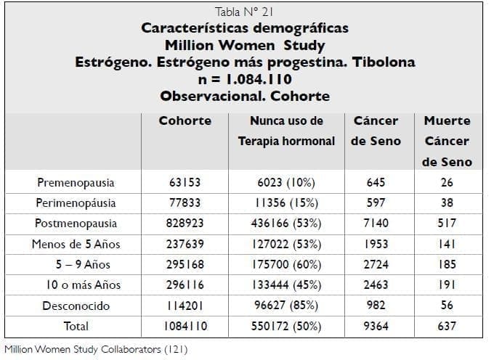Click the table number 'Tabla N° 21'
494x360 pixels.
click(245, 12)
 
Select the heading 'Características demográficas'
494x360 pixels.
click(245, 28)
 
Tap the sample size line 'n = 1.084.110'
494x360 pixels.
click(245, 78)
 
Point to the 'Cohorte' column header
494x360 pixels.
click(185, 121)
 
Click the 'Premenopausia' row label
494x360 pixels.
click(76, 182)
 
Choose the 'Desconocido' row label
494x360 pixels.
click(76, 306)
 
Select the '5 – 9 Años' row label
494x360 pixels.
click(76, 264)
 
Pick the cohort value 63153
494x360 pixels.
click(185, 182)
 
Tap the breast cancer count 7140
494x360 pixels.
click(376, 224)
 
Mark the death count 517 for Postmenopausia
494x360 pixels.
click(447, 224)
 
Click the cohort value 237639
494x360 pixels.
click(185, 244)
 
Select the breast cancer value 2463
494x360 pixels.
click(376, 285)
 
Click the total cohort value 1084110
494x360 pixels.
click(185, 326)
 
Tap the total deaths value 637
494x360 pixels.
click(447, 326)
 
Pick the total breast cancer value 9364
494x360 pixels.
click(376, 326)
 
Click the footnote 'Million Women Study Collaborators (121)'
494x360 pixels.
click(96, 350)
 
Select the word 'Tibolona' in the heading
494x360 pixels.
click(384, 62)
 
